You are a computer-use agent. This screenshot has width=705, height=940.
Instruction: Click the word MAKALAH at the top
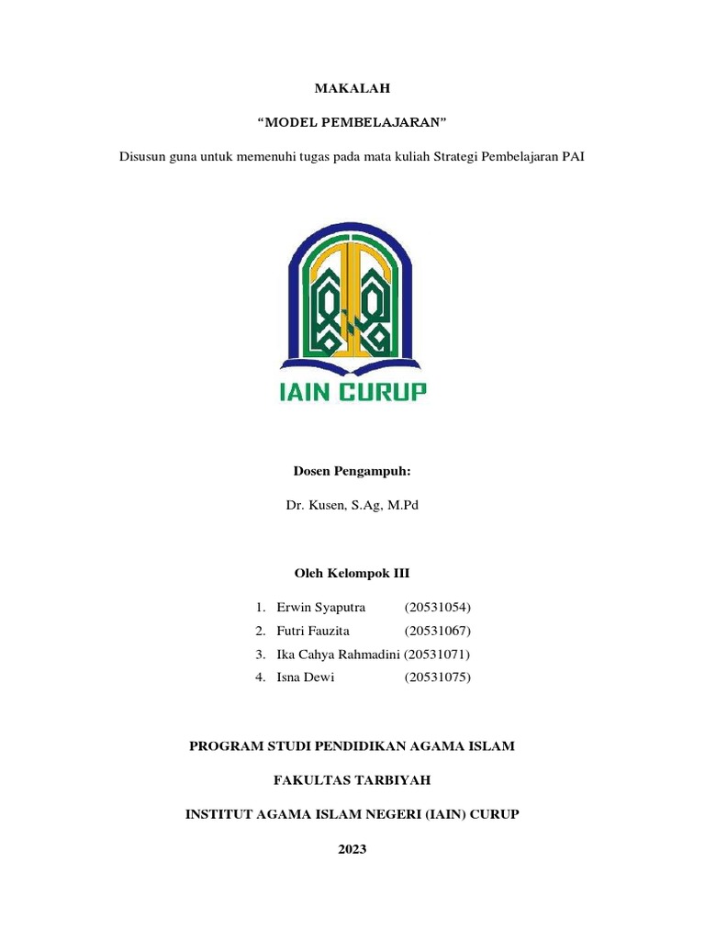(x=352, y=88)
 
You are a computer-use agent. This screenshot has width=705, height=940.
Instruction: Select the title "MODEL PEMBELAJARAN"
(x=352, y=122)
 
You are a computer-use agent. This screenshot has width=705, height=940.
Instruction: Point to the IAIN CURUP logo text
(x=352, y=392)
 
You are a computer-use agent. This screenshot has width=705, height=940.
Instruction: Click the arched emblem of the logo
(x=352, y=294)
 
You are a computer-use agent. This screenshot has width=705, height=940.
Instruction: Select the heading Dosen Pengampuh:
(x=352, y=471)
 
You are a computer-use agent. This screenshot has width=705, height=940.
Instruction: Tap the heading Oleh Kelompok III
(x=352, y=573)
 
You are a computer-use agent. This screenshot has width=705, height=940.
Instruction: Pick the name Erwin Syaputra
(x=320, y=607)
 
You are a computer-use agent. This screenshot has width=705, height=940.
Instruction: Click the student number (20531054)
(x=437, y=607)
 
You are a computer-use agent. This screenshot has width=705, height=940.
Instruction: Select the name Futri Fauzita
(x=313, y=631)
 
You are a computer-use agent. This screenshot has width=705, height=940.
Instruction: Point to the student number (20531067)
(x=437, y=631)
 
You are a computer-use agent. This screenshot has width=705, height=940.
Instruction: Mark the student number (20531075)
(x=437, y=677)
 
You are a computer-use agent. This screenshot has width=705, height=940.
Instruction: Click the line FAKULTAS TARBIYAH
(x=352, y=780)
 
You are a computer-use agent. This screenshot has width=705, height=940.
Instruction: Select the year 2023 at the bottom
(x=352, y=849)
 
